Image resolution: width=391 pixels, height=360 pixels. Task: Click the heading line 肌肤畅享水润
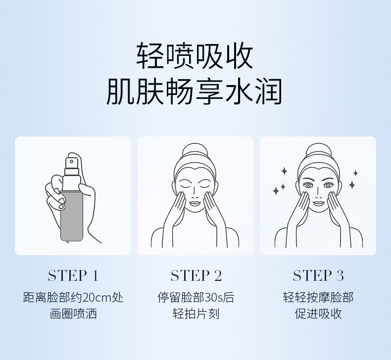pyautogui.click(x=195, y=91)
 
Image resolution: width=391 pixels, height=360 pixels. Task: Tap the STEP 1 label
pyautogui.click(x=73, y=275)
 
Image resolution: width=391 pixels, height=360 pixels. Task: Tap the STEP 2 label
pyautogui.click(x=196, y=275)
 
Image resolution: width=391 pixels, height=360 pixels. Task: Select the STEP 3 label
pyautogui.click(x=318, y=275)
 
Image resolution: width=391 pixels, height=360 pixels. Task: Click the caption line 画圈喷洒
pyautogui.click(x=73, y=314)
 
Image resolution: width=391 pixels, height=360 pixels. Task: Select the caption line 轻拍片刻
pyautogui.click(x=196, y=314)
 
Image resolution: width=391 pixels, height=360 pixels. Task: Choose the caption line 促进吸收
pyautogui.click(x=318, y=314)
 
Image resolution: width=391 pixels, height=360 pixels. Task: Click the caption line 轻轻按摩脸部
pyautogui.click(x=318, y=298)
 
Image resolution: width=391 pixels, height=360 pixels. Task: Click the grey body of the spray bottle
pyautogui.click(x=72, y=216)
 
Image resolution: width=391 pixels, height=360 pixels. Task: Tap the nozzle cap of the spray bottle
pyautogui.click(x=72, y=163)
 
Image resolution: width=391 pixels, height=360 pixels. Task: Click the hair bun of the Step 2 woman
pyautogui.click(x=195, y=151)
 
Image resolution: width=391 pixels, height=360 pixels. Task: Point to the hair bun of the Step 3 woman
pyautogui.click(x=318, y=151)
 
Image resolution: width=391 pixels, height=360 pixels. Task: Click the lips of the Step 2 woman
pyautogui.click(x=195, y=203)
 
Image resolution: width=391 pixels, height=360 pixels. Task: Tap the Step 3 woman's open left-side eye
pyautogui.click(x=308, y=185)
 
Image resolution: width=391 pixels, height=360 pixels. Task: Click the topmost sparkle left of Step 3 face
pyautogui.click(x=284, y=171)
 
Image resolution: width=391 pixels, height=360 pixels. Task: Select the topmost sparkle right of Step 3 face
pyautogui.click(x=355, y=173)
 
